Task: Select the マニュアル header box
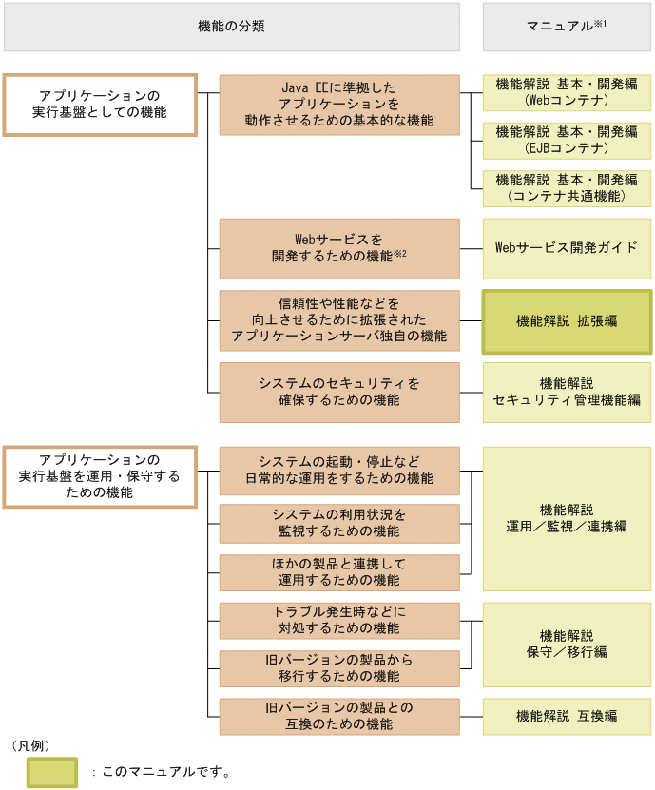pyautogui.click(x=567, y=27)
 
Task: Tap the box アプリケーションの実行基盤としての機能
pyautogui.click(x=99, y=105)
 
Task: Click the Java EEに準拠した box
pyautogui.click(x=338, y=105)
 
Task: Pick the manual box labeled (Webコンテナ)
pyautogui.click(x=567, y=91)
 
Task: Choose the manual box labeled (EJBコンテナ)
pyautogui.click(x=567, y=140)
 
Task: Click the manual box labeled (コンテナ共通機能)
pyautogui.click(x=567, y=188)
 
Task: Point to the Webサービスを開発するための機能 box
pyautogui.click(x=338, y=248)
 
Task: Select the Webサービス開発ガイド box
pyautogui.click(x=567, y=248)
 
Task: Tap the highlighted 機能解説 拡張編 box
pyautogui.click(x=567, y=321)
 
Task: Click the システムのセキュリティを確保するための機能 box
pyautogui.click(x=338, y=392)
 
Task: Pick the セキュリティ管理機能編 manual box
pyautogui.click(x=567, y=392)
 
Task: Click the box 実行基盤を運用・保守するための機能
pyautogui.click(x=99, y=477)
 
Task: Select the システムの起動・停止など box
pyautogui.click(x=338, y=470)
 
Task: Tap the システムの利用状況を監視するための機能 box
pyautogui.click(x=338, y=523)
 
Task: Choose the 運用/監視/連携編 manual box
pyautogui.click(x=567, y=518)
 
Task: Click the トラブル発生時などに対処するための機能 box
pyautogui.click(x=338, y=621)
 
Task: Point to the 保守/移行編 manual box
pyautogui.click(x=567, y=645)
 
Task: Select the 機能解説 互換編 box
pyautogui.click(x=567, y=716)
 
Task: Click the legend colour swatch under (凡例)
pyautogui.click(x=51, y=772)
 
